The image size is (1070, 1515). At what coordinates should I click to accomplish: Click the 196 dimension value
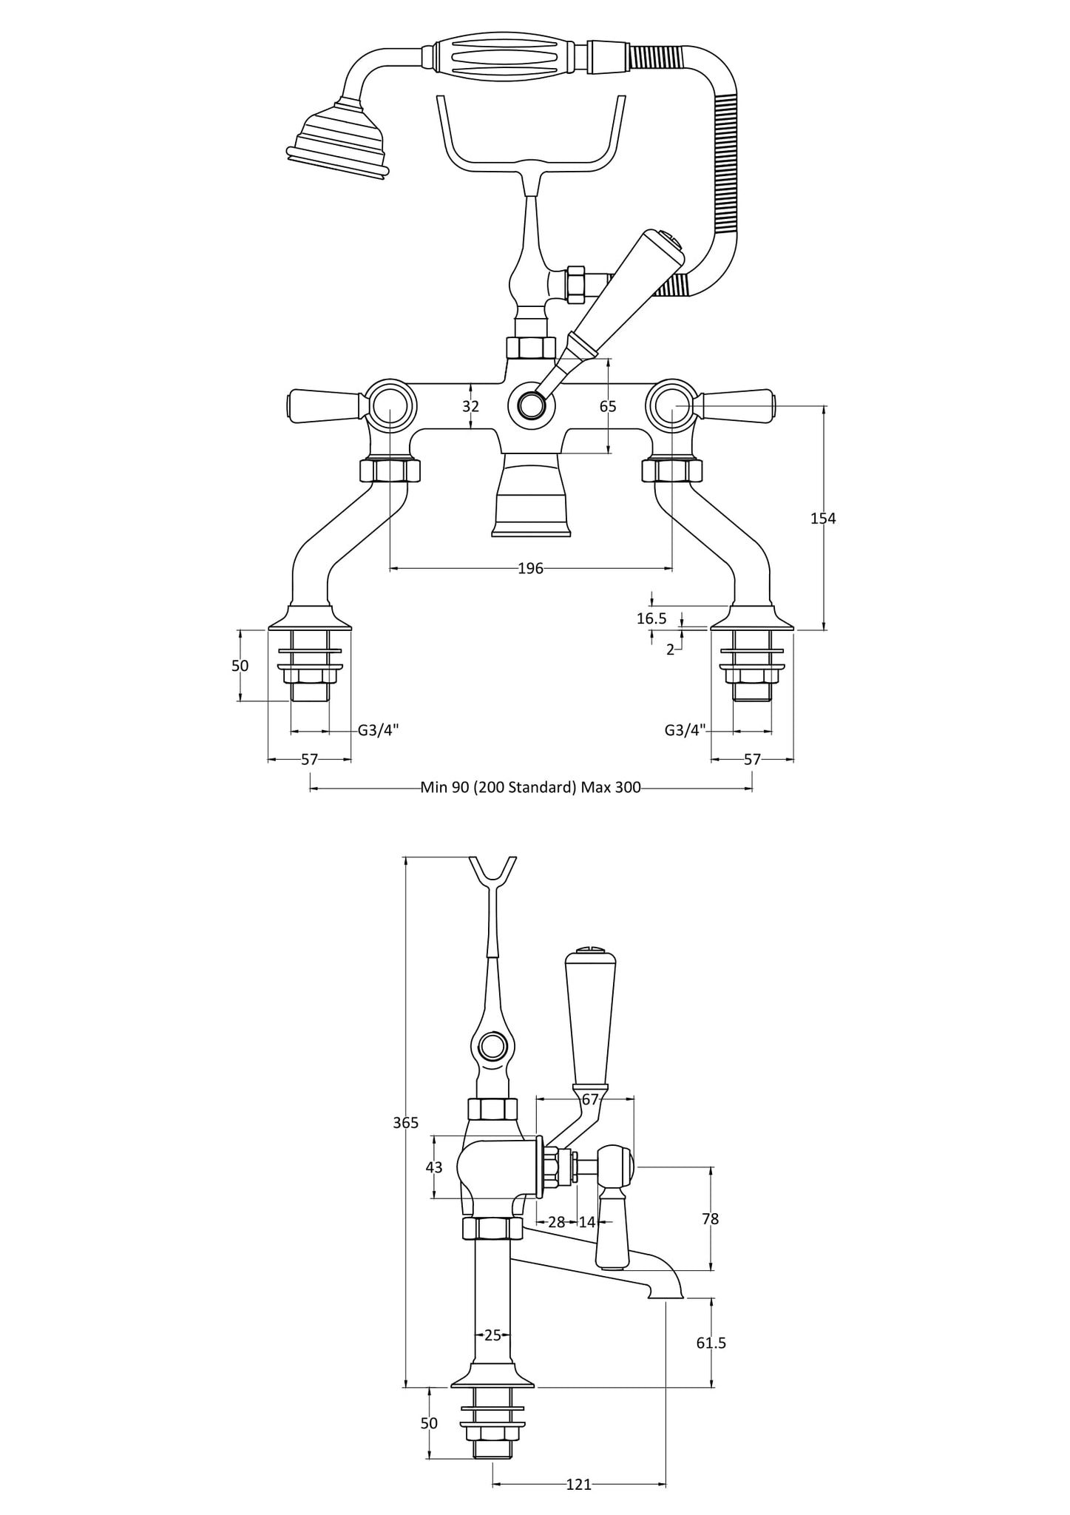pos(530,568)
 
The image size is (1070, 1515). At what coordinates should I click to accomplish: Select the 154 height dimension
pos(822,519)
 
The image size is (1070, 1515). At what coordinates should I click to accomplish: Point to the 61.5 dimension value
pos(711,1343)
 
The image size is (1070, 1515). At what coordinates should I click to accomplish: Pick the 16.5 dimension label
pos(651,618)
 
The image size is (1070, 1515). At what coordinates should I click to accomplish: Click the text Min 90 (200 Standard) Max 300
pos(530,787)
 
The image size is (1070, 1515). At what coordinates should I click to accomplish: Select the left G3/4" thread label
pos(378,730)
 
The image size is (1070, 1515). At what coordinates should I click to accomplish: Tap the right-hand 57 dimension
pos(751,759)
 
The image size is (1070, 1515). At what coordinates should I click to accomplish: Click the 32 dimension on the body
pos(471,406)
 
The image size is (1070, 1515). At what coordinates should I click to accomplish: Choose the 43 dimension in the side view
pos(434,1167)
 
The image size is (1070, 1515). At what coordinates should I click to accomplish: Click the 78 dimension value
pos(710,1218)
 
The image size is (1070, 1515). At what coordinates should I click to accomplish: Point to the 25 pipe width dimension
pos(492,1335)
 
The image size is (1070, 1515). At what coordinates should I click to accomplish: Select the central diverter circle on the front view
pos(531,405)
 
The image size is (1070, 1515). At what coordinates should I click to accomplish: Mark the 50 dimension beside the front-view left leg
pos(240,666)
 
